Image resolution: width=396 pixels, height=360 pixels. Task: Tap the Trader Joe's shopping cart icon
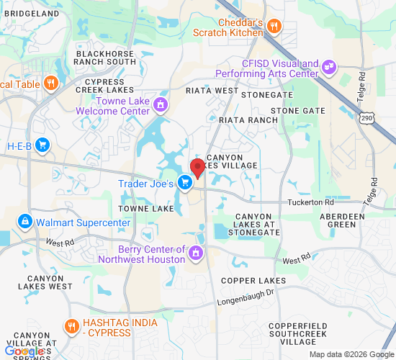pos(185,183)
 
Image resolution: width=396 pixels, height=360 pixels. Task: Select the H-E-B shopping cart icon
pos(42,145)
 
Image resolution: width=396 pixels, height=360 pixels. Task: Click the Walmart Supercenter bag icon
pos(25,221)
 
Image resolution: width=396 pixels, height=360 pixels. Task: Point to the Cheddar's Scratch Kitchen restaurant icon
pos(274,27)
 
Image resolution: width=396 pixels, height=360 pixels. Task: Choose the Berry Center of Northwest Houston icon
pos(195,253)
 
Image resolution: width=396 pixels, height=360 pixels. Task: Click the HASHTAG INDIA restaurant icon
pos(71,325)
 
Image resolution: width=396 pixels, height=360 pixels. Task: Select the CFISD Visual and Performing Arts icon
pos(329,67)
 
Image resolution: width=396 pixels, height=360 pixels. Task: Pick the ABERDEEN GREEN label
pos(351,220)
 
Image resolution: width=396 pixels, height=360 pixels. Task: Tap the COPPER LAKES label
pos(253,280)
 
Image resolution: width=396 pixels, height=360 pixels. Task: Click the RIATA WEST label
pos(212,91)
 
